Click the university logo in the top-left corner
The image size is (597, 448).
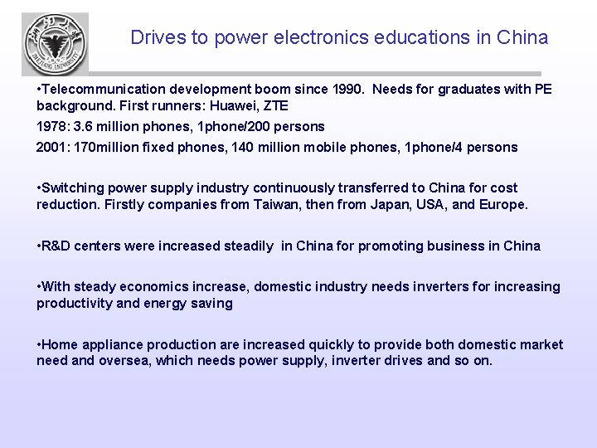pos(55,44)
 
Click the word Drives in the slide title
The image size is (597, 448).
pos(154,37)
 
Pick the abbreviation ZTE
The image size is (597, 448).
pos(274,105)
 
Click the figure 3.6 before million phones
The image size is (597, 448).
pos(83,127)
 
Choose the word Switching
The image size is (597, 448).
pos(71,187)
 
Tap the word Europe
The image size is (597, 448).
pos(502,204)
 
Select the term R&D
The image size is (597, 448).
pos(58,246)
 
